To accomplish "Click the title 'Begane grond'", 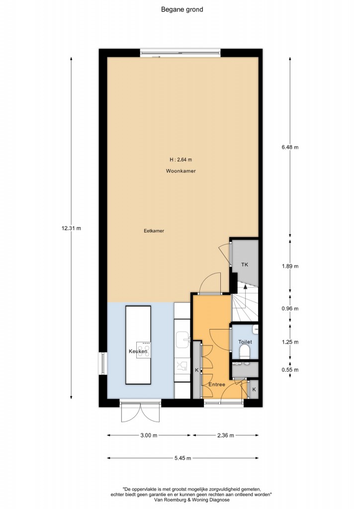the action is tap(182, 9).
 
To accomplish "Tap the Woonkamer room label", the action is tap(181, 171).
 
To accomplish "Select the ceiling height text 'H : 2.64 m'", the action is tap(181, 160).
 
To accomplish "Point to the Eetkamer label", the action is tap(154, 231).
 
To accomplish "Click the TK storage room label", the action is tap(245, 264).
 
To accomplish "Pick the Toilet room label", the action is tap(245, 342).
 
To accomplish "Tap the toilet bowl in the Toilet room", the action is tap(245, 352).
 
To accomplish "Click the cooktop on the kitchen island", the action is tap(143, 349).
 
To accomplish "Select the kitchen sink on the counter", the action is tap(183, 339).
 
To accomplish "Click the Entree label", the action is tap(217, 384).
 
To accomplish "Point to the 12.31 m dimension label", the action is tap(72, 228).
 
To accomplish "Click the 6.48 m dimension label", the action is tap(290, 147).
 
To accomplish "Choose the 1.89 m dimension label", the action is tap(290, 266).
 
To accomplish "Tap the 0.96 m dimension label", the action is tap(290, 308).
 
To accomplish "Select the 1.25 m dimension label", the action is tap(290, 342).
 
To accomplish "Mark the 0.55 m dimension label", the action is tap(290, 370).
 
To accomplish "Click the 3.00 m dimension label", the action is tap(149, 435).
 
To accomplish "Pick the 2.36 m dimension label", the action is tap(226, 435).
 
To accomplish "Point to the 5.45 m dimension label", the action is tap(183, 458).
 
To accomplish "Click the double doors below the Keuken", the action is tap(140, 412).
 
